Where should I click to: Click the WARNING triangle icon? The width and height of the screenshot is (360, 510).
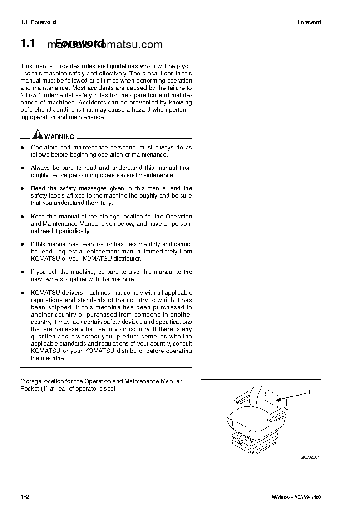(x=38, y=136)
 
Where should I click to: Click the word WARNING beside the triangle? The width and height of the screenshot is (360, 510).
(x=59, y=137)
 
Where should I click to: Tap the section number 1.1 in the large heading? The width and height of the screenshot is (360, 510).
(x=28, y=44)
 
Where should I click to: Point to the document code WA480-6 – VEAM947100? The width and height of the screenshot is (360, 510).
(x=296, y=497)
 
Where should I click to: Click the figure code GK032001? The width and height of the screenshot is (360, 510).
(x=310, y=457)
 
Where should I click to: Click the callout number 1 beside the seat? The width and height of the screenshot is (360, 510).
(x=309, y=391)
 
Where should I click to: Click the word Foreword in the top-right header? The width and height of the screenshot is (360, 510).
(x=309, y=22)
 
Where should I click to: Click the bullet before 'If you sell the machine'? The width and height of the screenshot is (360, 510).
(x=22, y=272)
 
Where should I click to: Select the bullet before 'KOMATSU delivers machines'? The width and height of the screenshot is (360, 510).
(x=22, y=293)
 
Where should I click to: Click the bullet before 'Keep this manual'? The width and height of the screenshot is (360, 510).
(x=22, y=217)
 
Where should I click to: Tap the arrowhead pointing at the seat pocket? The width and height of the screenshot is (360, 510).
(x=280, y=399)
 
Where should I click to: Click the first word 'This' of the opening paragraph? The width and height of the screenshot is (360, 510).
(x=27, y=66)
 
